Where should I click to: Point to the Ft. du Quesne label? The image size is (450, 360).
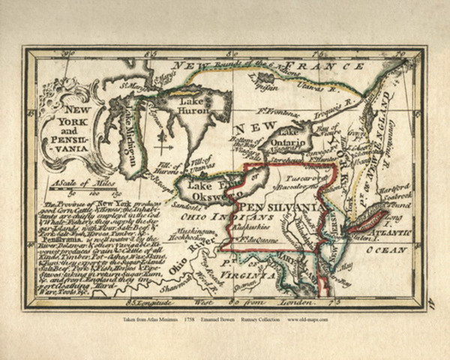(x=253, y=239)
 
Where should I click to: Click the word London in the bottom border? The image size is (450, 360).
(x=284, y=303)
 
